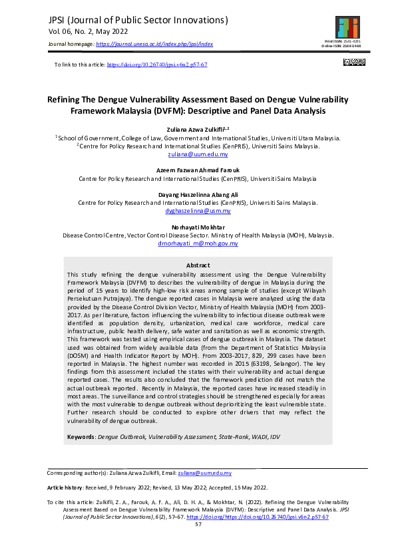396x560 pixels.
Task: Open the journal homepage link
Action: [x=154, y=44]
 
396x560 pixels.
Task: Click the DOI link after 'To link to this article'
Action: [x=157, y=65]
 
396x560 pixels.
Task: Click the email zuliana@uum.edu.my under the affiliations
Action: [x=198, y=154]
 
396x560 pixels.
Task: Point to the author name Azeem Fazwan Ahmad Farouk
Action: [x=198, y=171]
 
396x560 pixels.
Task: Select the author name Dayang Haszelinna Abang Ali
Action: [x=198, y=194]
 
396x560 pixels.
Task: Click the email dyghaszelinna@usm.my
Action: [x=198, y=210]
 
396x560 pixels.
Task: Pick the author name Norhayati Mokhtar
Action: [x=198, y=227]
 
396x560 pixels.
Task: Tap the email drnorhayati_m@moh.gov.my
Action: [x=198, y=243]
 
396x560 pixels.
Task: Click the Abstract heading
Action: [x=198, y=265]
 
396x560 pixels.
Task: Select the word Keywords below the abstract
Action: [x=82, y=437]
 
